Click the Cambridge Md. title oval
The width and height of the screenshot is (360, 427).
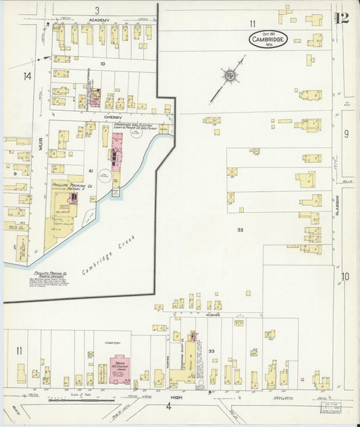click(x=268, y=39)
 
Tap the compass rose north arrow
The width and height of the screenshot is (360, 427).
click(x=230, y=75)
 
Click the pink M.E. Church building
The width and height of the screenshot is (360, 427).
click(x=120, y=369)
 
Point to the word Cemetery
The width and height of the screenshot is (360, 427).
click(x=111, y=343)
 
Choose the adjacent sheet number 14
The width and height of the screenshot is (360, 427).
click(x=27, y=76)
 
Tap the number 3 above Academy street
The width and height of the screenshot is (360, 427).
click(x=97, y=10)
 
